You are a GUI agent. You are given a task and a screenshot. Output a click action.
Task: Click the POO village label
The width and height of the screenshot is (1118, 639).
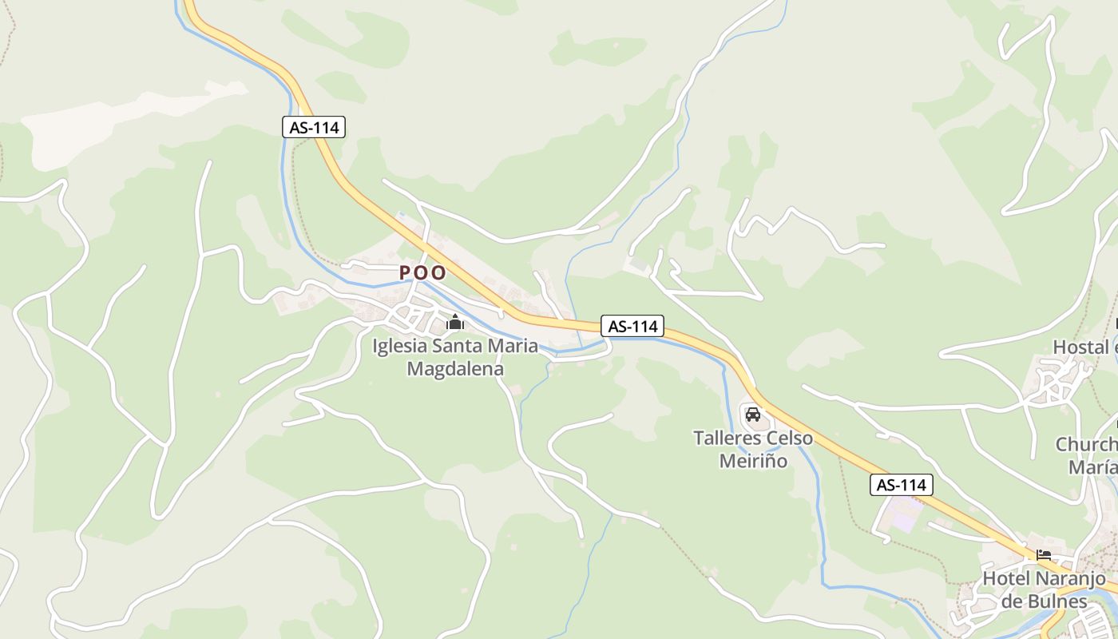click(422, 272)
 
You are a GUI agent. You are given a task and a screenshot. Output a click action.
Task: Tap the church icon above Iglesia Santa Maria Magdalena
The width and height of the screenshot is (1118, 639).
click(454, 323)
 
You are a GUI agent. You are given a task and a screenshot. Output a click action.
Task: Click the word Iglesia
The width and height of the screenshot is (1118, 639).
click(400, 347)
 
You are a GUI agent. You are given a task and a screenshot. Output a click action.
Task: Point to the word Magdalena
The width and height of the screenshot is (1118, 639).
click(455, 369)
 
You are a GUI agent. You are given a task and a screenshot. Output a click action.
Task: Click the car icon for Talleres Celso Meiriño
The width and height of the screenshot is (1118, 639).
click(752, 414)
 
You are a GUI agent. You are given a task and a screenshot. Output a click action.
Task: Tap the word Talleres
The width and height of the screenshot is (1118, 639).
click(727, 439)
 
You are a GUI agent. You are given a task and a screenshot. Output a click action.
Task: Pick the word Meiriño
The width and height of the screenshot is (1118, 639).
click(753, 461)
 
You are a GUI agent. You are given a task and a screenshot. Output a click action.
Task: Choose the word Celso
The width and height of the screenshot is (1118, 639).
click(790, 439)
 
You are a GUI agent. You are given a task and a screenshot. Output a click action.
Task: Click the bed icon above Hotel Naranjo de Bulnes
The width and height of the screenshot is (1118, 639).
click(1043, 555)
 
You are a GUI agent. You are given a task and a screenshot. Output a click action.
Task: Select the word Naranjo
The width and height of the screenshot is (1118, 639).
click(1069, 578)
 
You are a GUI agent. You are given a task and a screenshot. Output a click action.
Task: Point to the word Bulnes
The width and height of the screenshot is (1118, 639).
click(1063, 601)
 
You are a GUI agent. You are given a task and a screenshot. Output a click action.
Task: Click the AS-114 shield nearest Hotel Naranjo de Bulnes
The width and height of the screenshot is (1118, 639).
click(902, 485)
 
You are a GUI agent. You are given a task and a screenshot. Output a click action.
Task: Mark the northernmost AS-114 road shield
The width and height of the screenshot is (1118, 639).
click(314, 126)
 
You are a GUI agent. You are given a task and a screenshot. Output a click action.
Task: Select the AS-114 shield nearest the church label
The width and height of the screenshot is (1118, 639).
click(632, 326)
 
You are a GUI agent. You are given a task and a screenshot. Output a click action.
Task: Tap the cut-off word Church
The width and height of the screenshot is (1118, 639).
click(1087, 444)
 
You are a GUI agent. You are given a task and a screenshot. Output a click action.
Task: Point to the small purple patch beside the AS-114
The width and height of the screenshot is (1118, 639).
click(906, 518)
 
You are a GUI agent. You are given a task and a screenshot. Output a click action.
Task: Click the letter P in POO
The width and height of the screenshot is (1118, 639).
click(404, 272)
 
